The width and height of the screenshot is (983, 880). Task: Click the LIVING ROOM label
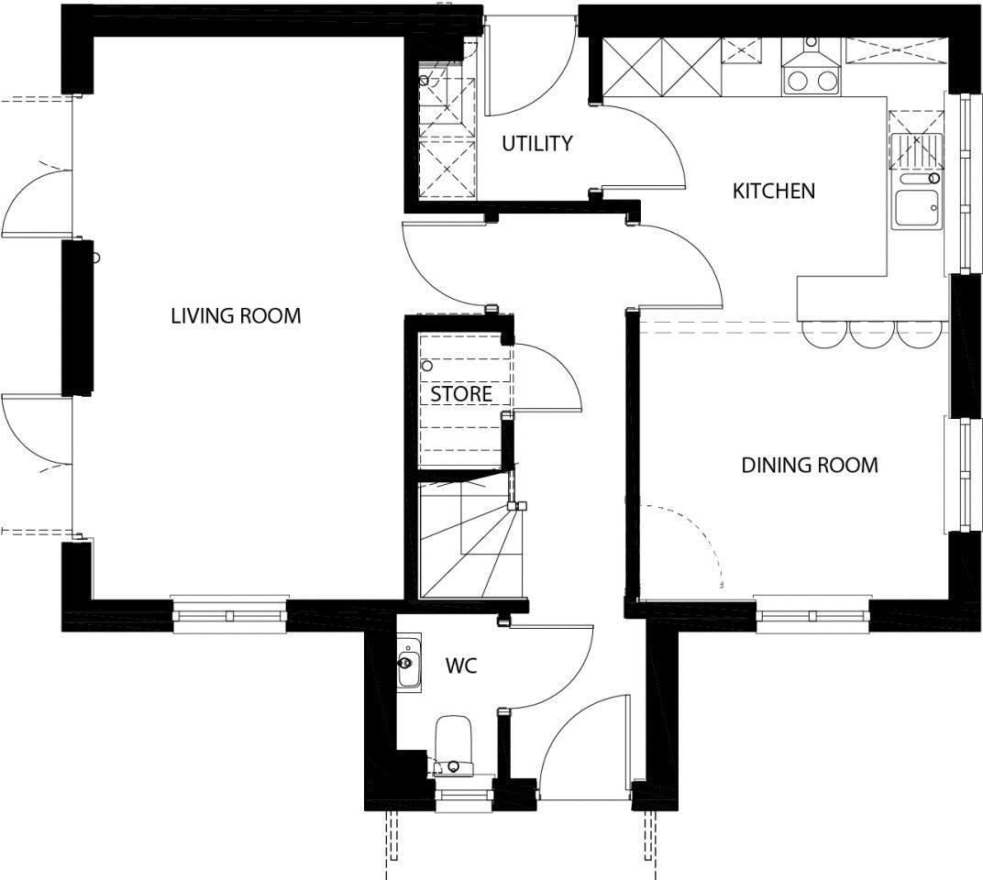pos(236,315)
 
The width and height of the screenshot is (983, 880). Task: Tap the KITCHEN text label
pos(774,192)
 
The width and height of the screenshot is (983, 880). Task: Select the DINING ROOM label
pos(810,465)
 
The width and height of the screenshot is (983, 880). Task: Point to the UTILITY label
pos(537,144)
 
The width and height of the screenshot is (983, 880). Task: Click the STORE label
pos(460,394)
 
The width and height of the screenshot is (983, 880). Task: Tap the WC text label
pos(461,665)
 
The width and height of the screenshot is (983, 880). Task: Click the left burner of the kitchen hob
pos(798,81)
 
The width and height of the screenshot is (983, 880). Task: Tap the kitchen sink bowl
pos(917,207)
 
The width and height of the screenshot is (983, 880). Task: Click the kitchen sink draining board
pos(917,151)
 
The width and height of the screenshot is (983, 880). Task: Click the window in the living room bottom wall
pos(229,615)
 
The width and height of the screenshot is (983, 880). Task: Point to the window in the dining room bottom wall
pos(812,614)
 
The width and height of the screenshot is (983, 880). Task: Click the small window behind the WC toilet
pos(463,795)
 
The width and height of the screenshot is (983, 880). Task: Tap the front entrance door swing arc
pos(568,720)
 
